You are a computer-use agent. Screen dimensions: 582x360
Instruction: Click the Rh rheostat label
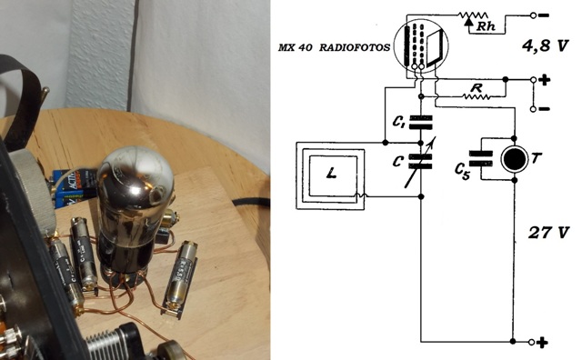click(x=486, y=26)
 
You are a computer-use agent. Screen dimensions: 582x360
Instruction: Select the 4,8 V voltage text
click(x=545, y=46)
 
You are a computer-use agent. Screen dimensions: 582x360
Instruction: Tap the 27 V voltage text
click(x=548, y=233)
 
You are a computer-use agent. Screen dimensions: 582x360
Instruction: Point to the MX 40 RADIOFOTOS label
click(x=334, y=47)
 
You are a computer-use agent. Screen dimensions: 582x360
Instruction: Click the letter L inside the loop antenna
click(x=332, y=173)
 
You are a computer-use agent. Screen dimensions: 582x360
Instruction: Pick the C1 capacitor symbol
click(x=420, y=123)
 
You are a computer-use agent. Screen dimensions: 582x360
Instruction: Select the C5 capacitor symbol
click(x=481, y=158)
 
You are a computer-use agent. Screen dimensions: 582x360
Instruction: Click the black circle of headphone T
click(x=514, y=159)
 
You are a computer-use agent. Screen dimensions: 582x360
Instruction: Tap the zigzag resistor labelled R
click(x=477, y=97)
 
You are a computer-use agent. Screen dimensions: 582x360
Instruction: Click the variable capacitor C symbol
click(x=420, y=162)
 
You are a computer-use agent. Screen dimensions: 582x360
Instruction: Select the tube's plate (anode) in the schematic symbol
click(x=435, y=48)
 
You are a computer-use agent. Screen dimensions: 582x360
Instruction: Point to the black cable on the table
click(x=251, y=203)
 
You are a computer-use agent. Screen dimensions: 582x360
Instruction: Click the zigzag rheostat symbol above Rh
click(x=473, y=15)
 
